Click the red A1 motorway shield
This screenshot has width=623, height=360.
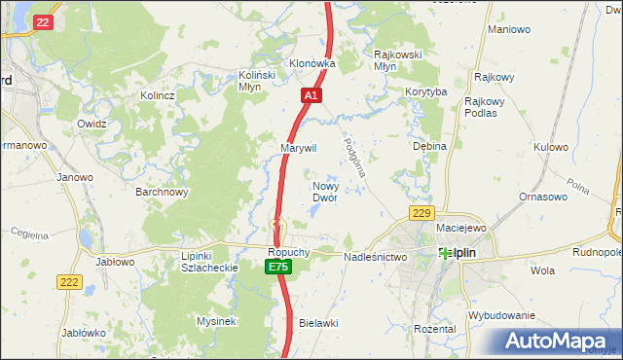(x=311, y=95)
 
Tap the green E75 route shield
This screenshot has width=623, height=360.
(x=278, y=267)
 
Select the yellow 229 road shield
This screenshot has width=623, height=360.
(x=421, y=213)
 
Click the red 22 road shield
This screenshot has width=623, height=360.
(x=41, y=22)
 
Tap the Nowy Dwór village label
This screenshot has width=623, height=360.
(x=324, y=191)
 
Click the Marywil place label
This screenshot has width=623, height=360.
(x=299, y=148)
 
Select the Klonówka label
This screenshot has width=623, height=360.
(x=311, y=63)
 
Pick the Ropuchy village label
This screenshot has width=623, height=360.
(x=288, y=251)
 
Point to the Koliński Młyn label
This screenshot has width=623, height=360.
(x=258, y=79)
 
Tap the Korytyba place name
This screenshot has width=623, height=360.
(x=426, y=91)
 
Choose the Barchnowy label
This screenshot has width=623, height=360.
(x=162, y=192)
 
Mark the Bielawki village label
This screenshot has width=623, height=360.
(x=317, y=322)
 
